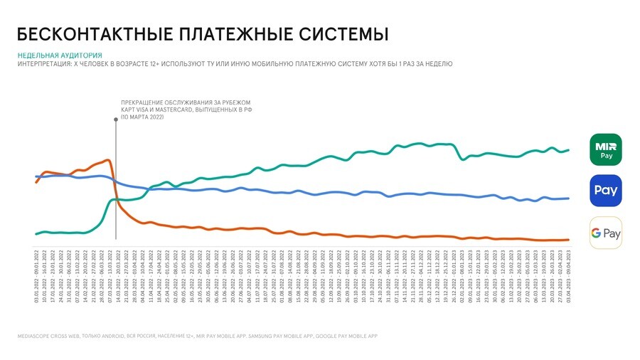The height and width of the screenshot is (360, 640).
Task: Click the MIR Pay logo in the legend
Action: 605,149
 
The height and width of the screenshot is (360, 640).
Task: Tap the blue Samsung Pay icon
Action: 605,191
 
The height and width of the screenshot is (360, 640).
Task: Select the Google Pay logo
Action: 605,233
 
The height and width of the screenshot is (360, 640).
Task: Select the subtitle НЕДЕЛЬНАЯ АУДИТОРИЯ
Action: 59,55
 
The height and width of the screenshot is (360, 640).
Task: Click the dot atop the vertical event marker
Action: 116,120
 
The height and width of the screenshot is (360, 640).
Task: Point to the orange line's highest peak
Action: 107,160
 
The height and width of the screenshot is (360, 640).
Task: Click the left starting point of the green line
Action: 36,233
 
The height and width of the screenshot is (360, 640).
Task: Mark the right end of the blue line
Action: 569,198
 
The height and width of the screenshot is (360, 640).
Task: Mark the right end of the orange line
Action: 569,240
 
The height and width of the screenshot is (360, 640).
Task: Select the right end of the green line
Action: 569,150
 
